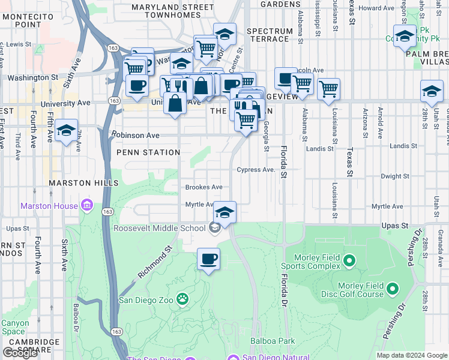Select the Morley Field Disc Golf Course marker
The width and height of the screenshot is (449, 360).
[x=393, y=289]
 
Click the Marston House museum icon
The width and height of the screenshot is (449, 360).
[x=87, y=206]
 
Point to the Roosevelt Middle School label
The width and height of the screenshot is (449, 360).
[x=160, y=227]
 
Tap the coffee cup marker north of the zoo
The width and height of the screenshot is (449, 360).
[x=208, y=259]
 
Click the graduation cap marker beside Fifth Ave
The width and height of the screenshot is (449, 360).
[x=66, y=131]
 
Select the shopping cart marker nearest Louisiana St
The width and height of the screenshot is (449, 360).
[x=328, y=89]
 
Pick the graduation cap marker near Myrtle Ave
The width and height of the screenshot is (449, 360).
[x=224, y=212]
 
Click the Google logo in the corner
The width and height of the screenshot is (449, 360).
[x=20, y=353]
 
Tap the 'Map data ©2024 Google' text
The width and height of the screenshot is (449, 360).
[x=412, y=355]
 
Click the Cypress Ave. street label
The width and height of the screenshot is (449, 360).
[x=256, y=170]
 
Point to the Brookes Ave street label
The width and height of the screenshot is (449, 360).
[x=203, y=187]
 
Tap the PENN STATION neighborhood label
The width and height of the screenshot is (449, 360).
[x=148, y=152]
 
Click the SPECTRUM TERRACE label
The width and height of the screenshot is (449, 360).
[x=268, y=35]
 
